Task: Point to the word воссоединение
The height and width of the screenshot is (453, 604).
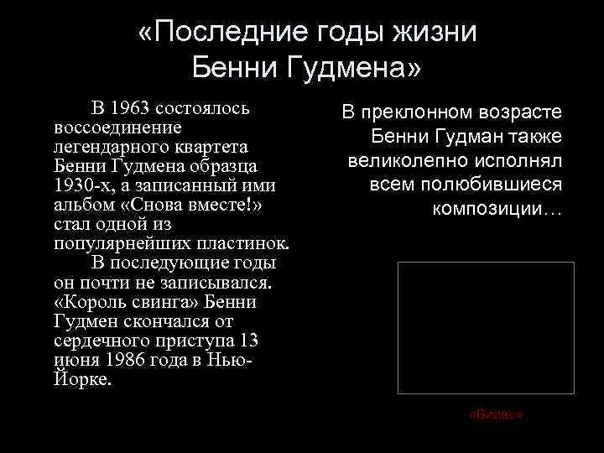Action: point(118,128)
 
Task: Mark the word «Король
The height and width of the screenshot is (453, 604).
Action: point(87,301)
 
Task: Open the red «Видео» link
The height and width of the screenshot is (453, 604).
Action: point(497,414)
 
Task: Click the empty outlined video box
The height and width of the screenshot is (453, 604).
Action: point(486,327)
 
